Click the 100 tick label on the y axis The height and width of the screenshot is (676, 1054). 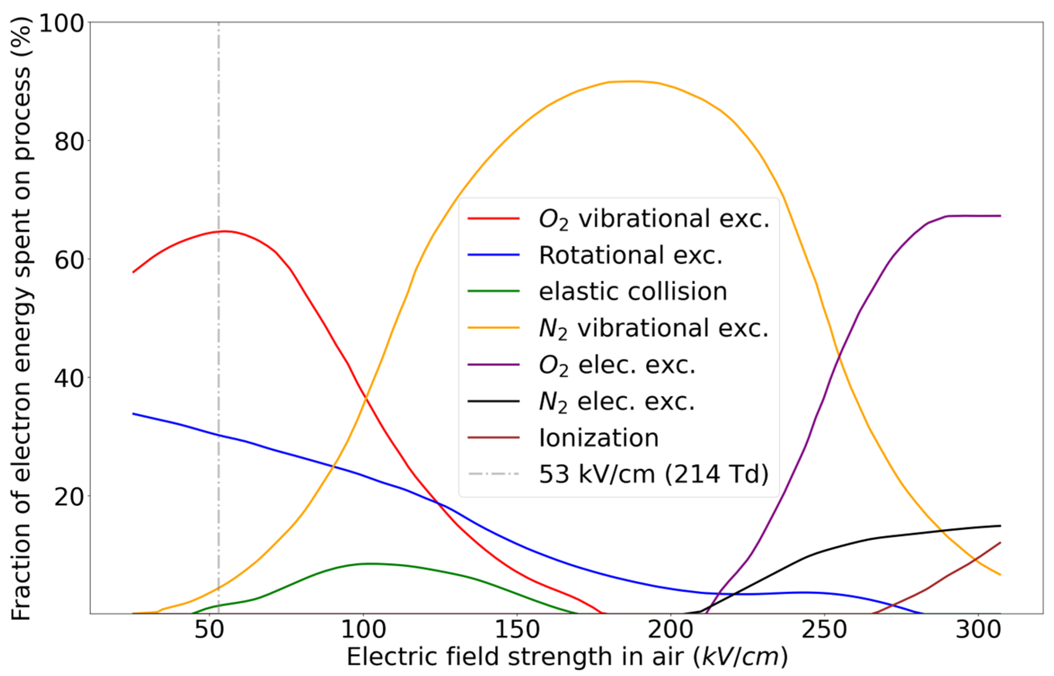coord(61,23)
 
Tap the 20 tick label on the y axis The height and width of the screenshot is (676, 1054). coord(69,496)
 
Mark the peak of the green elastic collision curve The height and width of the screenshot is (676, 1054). coord(370,564)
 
